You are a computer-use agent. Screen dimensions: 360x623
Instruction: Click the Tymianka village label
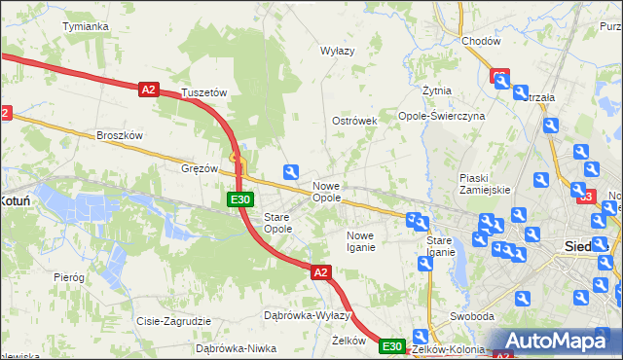(85, 26)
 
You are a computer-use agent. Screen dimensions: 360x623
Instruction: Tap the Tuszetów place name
(204, 92)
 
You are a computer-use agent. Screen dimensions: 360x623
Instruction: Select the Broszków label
(121, 136)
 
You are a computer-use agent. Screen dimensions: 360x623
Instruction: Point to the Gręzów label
(200, 167)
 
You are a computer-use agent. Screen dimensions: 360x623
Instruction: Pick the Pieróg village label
(69, 277)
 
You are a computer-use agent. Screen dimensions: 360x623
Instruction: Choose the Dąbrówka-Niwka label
(231, 347)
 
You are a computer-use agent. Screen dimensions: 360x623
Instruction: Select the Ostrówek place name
(354, 121)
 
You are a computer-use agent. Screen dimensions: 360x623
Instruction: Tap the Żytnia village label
(436, 90)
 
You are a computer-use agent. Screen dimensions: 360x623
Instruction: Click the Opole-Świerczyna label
(442, 115)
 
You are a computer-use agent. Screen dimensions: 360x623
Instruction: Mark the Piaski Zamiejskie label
(485, 184)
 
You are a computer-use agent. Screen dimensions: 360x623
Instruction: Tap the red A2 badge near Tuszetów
(148, 90)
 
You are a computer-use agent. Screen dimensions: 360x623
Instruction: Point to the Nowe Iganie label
(360, 241)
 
